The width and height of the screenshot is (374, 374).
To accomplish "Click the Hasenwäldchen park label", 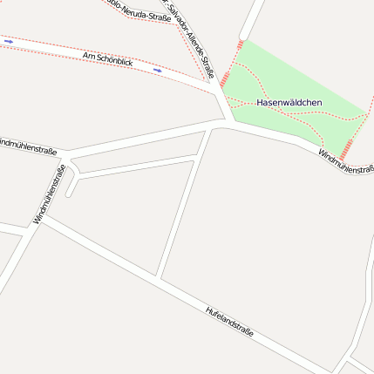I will click(289, 103).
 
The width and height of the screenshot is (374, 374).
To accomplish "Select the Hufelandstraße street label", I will click(229, 321).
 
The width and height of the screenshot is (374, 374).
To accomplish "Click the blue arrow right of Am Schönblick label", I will click(158, 70).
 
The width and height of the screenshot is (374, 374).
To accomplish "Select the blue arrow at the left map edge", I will click(9, 40).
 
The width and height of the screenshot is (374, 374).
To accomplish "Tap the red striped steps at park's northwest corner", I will click(240, 44).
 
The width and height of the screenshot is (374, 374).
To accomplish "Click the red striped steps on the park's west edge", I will click(224, 80).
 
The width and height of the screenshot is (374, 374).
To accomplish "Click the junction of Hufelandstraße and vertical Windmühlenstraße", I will click(41, 217).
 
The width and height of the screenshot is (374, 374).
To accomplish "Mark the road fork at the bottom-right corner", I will click(348, 357).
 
